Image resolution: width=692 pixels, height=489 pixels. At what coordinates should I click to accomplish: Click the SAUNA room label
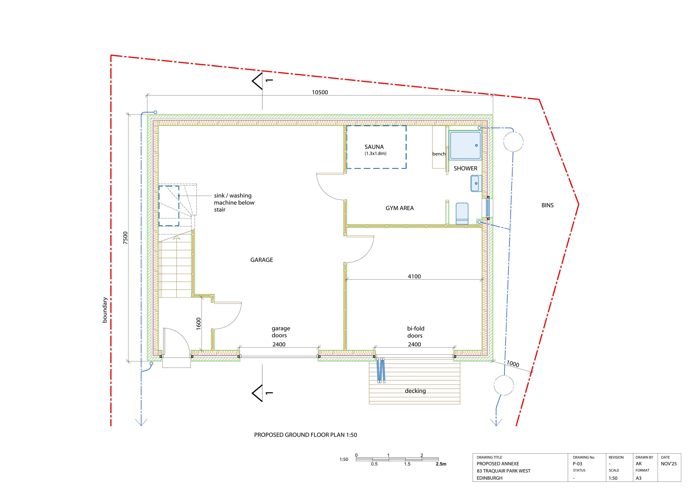(374, 147)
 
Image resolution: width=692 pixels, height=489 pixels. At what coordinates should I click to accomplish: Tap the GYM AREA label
(400, 208)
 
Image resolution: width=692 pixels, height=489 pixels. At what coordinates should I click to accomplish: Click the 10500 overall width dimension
(320, 92)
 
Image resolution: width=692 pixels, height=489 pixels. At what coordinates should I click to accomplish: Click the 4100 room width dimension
(414, 276)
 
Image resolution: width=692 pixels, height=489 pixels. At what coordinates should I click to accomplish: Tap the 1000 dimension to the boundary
(513, 364)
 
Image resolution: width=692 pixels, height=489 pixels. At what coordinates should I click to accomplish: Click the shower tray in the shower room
(465, 145)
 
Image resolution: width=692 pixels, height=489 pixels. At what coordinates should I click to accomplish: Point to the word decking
(415, 391)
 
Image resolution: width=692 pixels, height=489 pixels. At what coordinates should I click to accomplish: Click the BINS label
(548, 205)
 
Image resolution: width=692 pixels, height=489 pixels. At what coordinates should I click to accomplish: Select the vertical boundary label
(105, 310)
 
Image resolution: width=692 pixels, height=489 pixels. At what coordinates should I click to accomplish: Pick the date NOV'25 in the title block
(669, 464)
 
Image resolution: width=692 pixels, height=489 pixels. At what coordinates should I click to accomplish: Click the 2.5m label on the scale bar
(441, 464)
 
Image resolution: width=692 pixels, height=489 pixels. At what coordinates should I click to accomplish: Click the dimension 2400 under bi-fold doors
(414, 344)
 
